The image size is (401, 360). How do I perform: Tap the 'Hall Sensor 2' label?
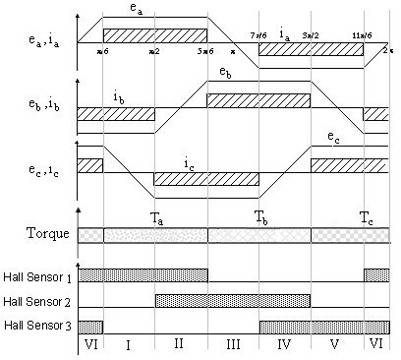(x=37, y=302)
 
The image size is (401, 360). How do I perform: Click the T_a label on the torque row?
(x=156, y=221)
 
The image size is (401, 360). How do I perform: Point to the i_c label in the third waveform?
(x=188, y=164)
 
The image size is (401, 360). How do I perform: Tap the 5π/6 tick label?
(x=206, y=50)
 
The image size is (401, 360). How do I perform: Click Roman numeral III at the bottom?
(x=232, y=347)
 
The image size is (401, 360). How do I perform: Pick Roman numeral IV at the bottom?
(x=284, y=347)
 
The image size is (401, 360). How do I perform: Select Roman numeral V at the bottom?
(x=336, y=347)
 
